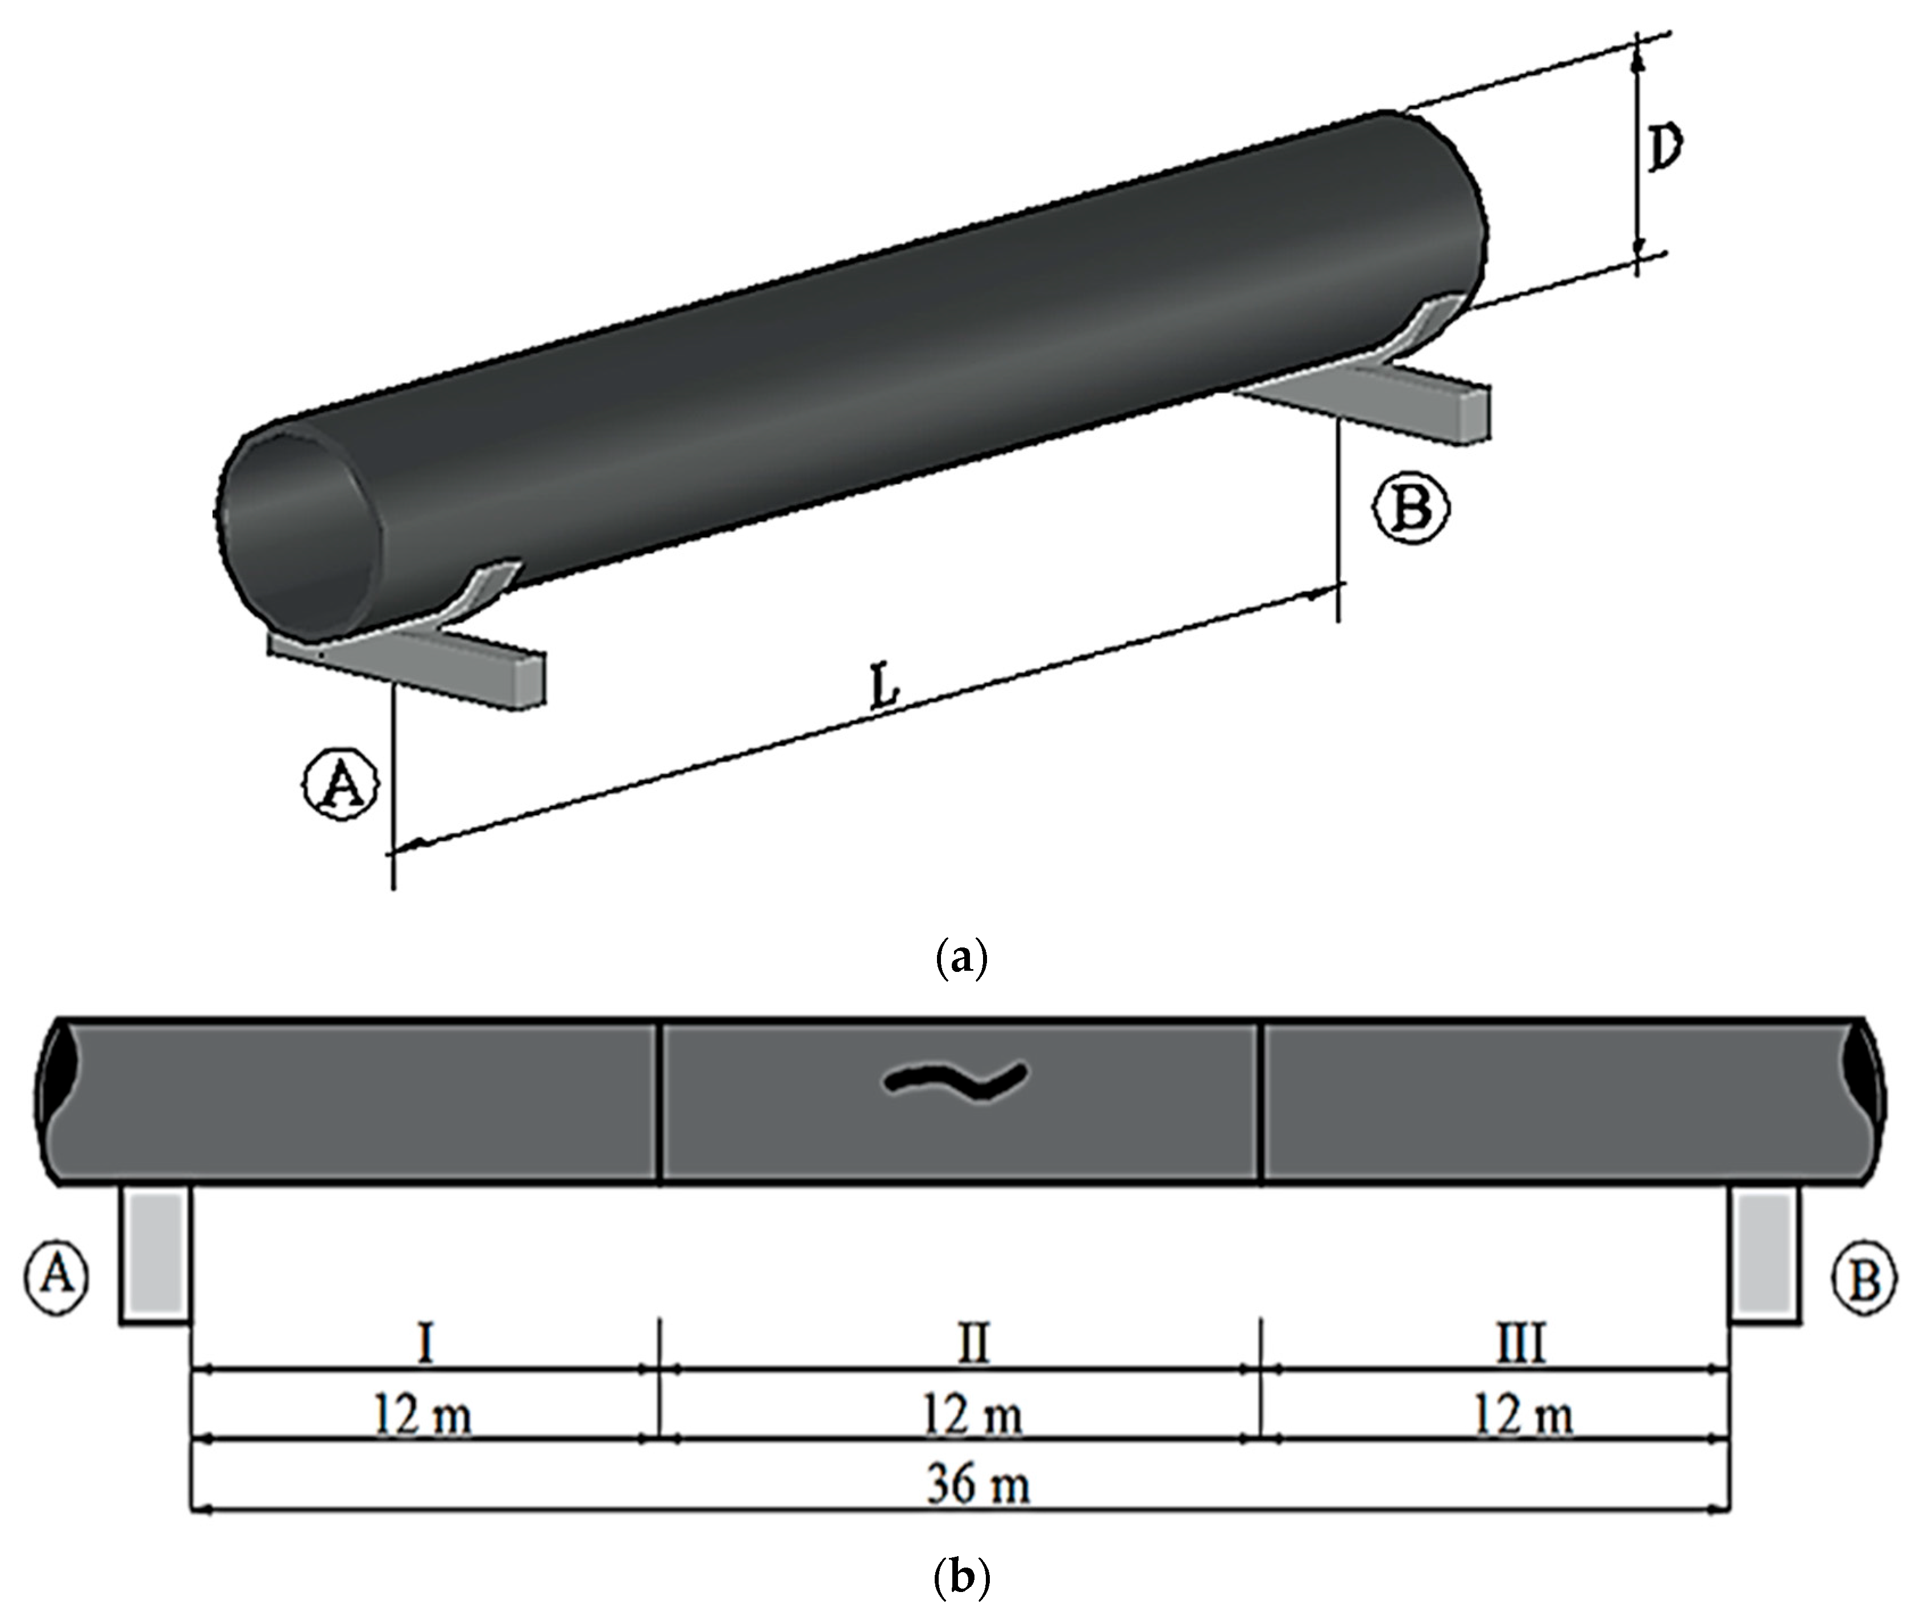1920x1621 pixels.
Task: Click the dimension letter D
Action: click(x=1665, y=150)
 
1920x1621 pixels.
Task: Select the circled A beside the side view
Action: click(x=57, y=1277)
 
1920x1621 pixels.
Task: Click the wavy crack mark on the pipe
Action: click(x=956, y=1082)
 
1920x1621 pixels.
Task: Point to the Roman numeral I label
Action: click(x=425, y=1344)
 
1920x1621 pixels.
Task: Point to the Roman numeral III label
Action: click(x=1521, y=1344)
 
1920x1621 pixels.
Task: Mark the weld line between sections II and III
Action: click(x=1261, y=1101)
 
